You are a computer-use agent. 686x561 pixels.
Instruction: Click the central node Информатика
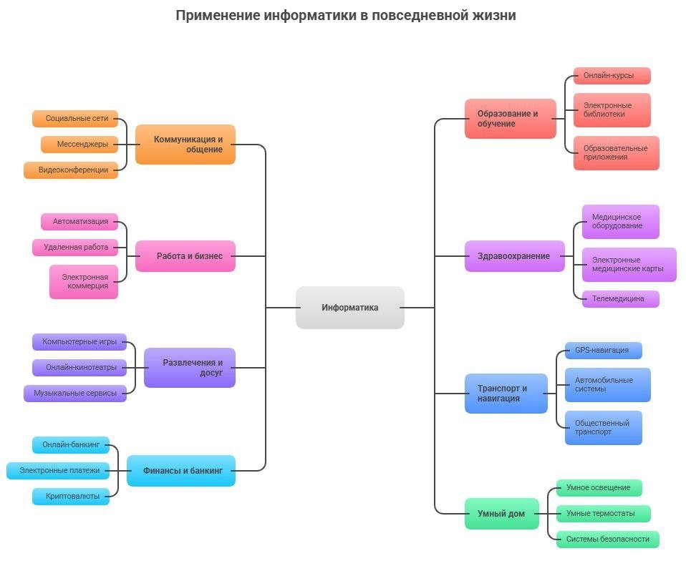pos(349,308)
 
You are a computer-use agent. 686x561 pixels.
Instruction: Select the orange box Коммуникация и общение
pos(185,145)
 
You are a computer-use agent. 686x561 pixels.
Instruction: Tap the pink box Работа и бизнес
pos(185,256)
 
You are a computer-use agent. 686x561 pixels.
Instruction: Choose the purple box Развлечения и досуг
pos(190,368)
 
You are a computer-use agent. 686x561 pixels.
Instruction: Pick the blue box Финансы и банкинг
pos(181,471)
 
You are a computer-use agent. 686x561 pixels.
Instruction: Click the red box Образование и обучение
pos(510,119)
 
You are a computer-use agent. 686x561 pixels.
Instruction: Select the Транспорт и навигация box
pos(506,394)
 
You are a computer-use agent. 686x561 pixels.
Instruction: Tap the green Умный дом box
pos(501,514)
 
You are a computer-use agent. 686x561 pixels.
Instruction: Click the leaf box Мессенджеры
pos(79,145)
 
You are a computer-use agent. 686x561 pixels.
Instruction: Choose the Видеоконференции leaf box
pos(70,170)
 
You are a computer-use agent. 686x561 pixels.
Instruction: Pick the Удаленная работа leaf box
pos(74,248)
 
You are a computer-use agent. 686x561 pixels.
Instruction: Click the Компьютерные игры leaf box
pos(79,342)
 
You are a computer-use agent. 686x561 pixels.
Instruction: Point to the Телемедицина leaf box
pos(620,299)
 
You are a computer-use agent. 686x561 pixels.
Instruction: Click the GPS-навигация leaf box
pos(603,351)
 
